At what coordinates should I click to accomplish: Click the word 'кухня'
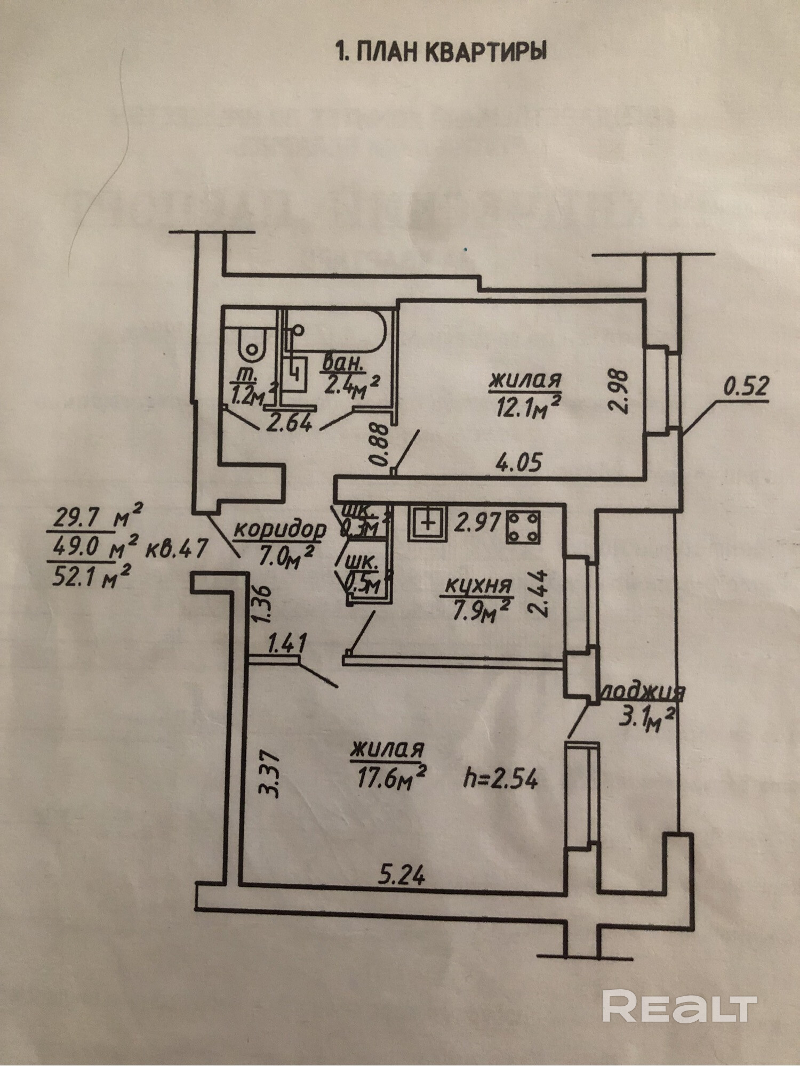tap(478, 586)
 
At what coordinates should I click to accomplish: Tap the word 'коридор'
tap(280, 530)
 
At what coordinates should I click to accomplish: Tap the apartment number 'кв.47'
tap(176, 548)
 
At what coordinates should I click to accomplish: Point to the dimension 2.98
tap(621, 390)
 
